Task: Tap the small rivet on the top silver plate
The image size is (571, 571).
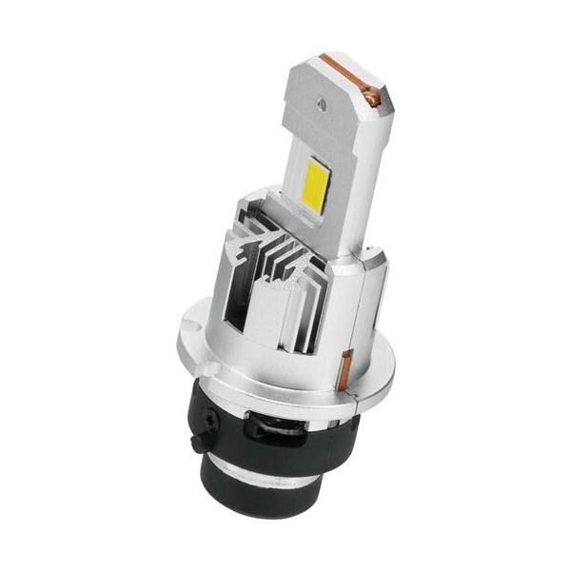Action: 323,96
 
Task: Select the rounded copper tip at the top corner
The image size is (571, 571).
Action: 373,96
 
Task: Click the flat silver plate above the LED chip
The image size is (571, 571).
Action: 328,105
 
